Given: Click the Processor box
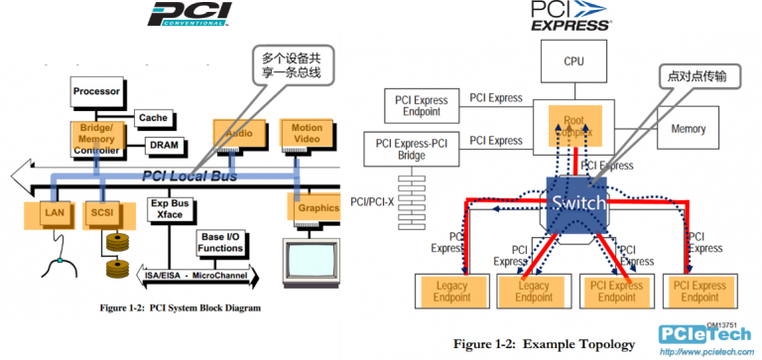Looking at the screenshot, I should coord(96,92).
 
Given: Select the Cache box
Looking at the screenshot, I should coord(152,118).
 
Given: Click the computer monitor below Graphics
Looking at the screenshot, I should coord(311,260).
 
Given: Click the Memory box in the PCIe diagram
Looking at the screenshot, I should coord(689,129).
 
